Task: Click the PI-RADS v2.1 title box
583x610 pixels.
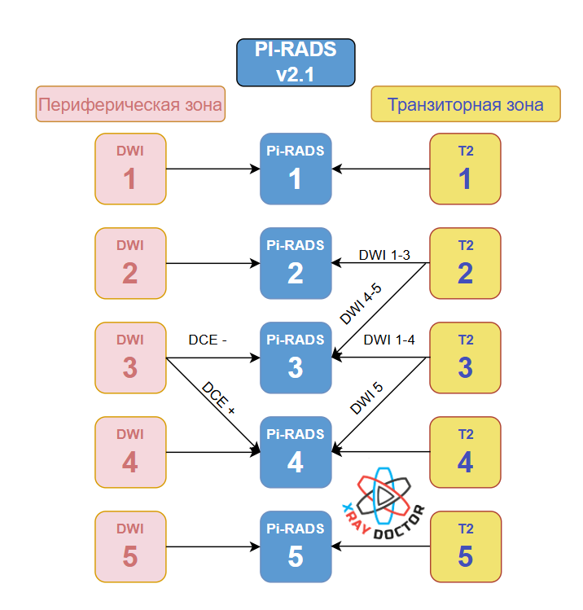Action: [x=295, y=63]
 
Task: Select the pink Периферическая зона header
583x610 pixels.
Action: [x=130, y=105]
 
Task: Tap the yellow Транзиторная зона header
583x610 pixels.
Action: [x=465, y=104]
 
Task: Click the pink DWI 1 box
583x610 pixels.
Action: [x=130, y=169]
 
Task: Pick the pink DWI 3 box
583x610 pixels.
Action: [x=130, y=358]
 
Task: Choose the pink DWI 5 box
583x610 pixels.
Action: [x=130, y=546]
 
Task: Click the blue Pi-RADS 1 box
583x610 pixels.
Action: [x=296, y=169]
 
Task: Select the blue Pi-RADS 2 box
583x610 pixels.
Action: [x=296, y=263]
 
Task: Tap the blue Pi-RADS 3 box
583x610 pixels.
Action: [x=296, y=358]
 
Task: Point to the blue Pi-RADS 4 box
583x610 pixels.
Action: [x=296, y=452]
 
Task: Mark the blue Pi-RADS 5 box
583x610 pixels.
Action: [x=296, y=546]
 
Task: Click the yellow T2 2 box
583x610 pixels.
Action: [x=465, y=263]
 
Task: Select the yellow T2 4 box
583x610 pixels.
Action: [x=465, y=452]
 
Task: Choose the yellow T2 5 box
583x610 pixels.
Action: [x=465, y=546]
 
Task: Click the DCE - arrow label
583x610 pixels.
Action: [x=208, y=340]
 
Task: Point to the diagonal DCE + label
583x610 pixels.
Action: [x=218, y=399]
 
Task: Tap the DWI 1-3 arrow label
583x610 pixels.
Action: [x=384, y=256]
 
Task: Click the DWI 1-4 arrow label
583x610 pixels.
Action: [x=389, y=340]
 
